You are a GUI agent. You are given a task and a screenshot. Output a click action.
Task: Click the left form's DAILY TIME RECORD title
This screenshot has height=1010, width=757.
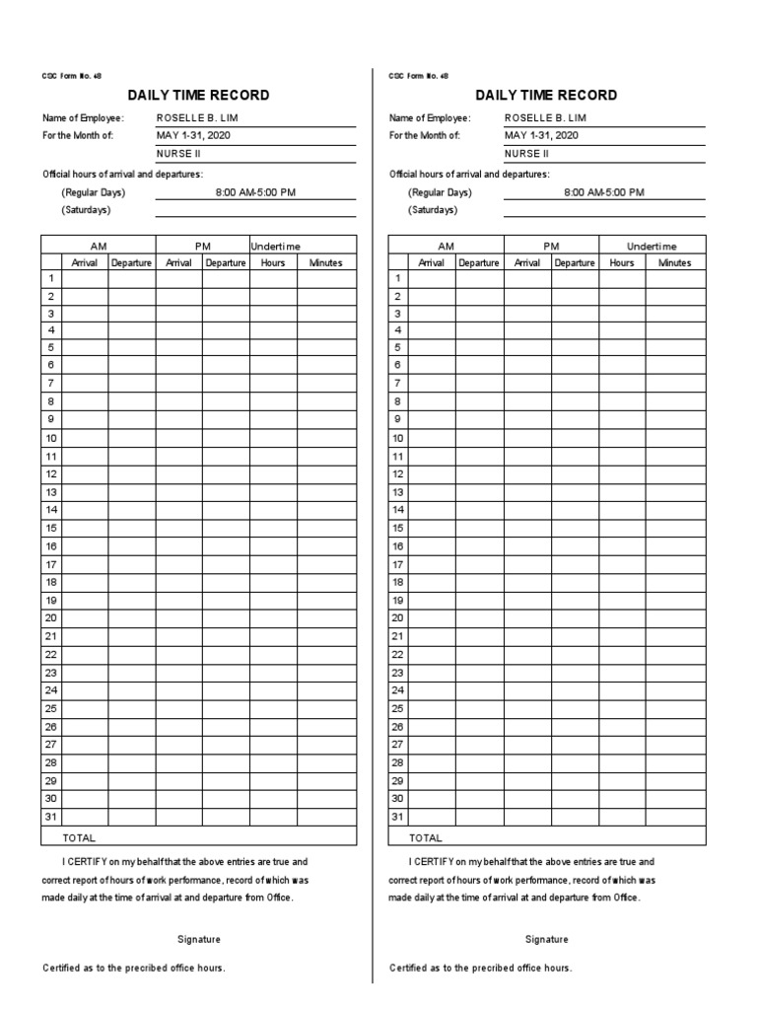(198, 96)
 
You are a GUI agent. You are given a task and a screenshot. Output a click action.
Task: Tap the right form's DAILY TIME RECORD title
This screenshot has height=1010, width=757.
(546, 96)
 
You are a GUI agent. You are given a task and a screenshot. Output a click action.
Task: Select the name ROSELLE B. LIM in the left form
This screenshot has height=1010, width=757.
(197, 118)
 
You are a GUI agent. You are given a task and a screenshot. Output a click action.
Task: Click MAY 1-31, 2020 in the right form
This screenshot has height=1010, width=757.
(541, 136)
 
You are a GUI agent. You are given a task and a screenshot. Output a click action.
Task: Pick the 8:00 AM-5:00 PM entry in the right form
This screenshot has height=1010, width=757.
(604, 192)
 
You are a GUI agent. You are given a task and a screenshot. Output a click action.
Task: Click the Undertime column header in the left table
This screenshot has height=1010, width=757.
(276, 246)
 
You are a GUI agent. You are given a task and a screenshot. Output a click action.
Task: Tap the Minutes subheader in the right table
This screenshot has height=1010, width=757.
(675, 263)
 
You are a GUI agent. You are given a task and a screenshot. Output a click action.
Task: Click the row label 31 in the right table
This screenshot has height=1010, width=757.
(398, 817)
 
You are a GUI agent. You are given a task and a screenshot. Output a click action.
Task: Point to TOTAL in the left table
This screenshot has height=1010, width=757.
(79, 837)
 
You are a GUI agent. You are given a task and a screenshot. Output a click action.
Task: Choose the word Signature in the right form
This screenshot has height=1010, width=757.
(546, 940)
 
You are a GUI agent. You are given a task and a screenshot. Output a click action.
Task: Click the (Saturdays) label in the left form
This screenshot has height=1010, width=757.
(86, 210)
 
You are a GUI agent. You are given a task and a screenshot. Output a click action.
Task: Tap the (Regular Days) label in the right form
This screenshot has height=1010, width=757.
(440, 192)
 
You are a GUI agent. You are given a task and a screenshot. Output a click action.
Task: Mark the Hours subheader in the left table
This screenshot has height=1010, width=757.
(273, 263)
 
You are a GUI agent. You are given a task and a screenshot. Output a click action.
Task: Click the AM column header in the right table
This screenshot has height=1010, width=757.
(447, 246)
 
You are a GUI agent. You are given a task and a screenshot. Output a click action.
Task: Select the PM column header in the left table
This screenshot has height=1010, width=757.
(202, 246)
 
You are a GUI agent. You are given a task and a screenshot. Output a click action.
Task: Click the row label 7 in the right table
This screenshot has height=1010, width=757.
(398, 383)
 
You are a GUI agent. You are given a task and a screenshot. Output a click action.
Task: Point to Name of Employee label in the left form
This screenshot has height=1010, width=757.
(83, 118)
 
